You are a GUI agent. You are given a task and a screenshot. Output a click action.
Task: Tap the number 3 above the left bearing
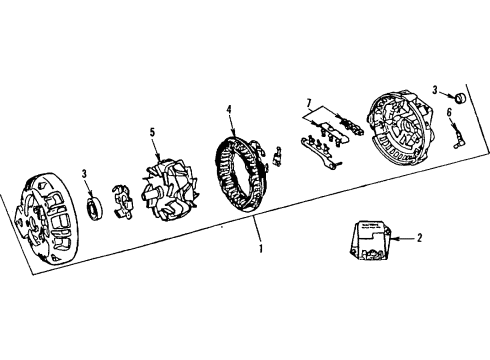pos(85,175)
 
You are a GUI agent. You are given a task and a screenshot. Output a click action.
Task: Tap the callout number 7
pos(310,101)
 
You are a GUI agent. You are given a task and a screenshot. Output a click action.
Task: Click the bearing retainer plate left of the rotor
pos(123,198)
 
